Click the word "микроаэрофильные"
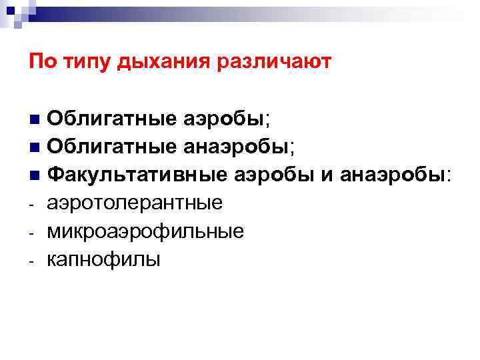pyautogui.click(x=145, y=231)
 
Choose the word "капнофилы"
pyautogui.click(x=103, y=259)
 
